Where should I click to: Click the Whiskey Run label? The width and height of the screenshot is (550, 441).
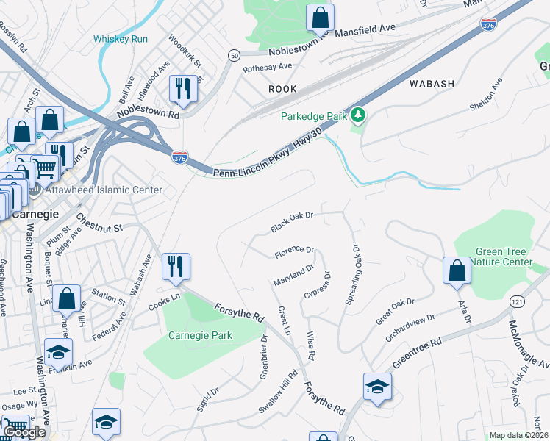click(x=121, y=38)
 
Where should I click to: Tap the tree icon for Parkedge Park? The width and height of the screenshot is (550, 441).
click(x=358, y=115)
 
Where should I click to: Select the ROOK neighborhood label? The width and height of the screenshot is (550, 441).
click(x=282, y=89)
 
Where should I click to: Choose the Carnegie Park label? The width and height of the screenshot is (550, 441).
click(x=200, y=335)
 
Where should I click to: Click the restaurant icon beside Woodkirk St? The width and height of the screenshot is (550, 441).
click(x=181, y=89)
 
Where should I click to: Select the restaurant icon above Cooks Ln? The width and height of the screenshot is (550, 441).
click(x=176, y=266)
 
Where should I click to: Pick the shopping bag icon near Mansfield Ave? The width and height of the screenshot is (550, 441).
click(x=320, y=17)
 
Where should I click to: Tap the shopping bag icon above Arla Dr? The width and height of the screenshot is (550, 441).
click(x=457, y=270)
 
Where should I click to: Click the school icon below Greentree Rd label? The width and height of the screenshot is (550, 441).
click(x=377, y=387)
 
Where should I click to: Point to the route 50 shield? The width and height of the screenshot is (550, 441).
click(x=234, y=56)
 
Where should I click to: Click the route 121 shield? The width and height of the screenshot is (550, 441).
click(x=518, y=301)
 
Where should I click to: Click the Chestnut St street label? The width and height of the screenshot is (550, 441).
click(x=99, y=223)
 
